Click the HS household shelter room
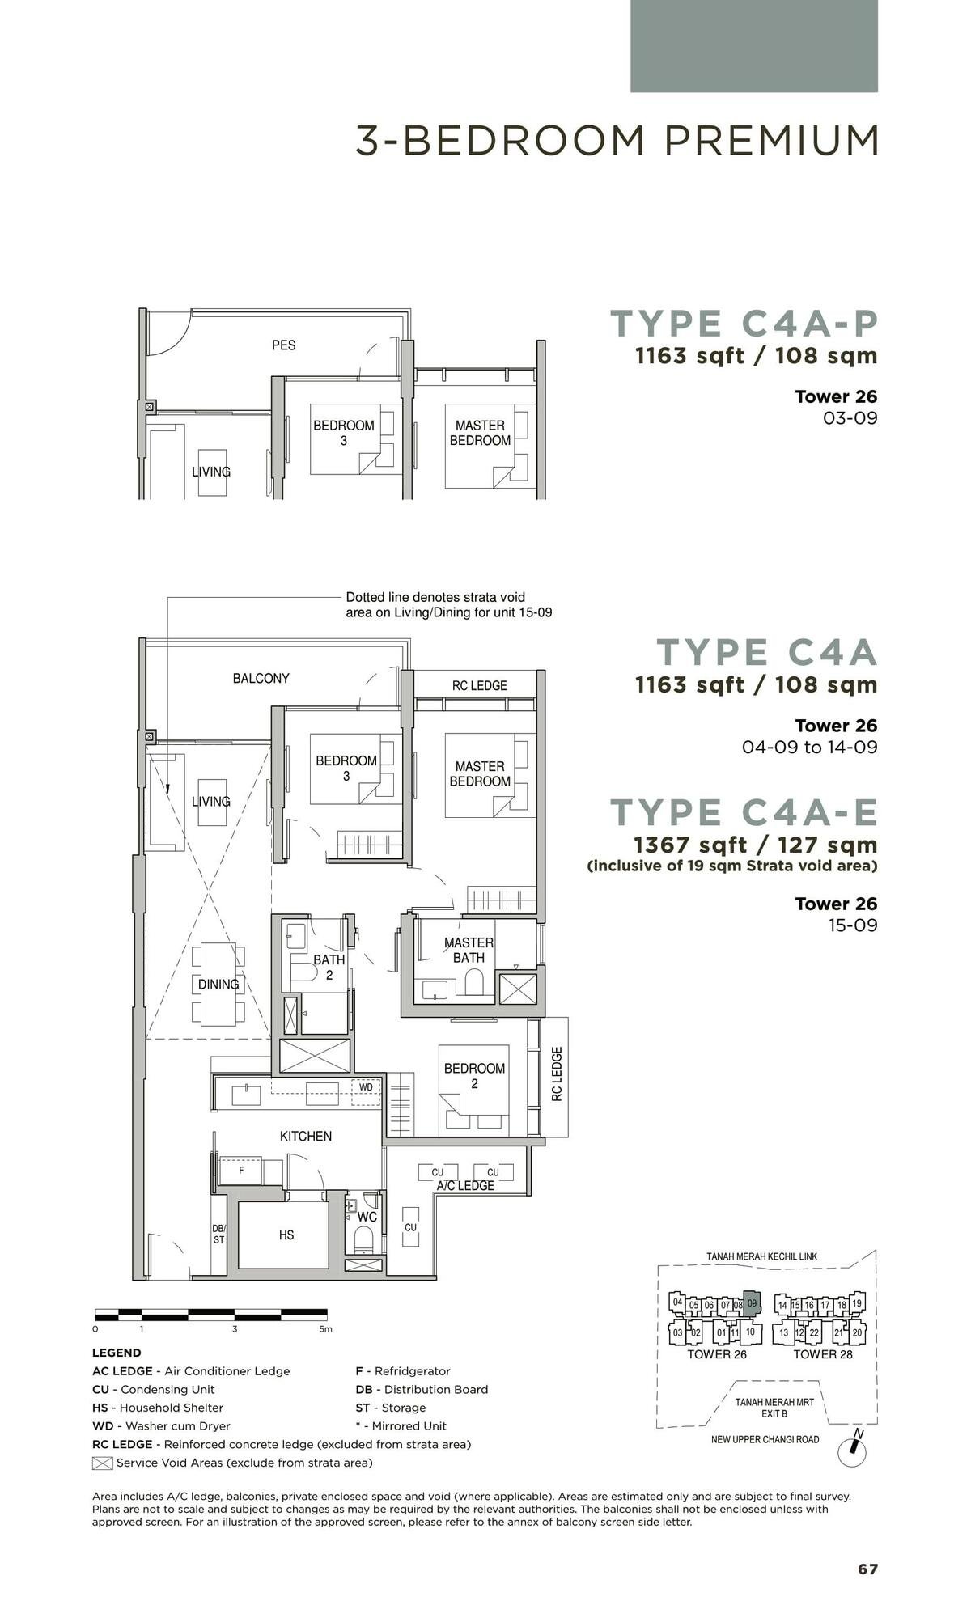coord(286,1235)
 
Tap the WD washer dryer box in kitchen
coord(366,1087)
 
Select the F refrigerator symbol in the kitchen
coord(240,1171)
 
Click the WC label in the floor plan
coord(367,1217)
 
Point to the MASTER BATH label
coord(469,950)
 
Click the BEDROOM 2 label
coord(474,1075)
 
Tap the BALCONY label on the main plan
coord(261,678)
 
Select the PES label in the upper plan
coord(283,345)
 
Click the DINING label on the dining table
coord(218,985)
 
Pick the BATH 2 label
coord(329,967)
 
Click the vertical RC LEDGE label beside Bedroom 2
coord(557,1074)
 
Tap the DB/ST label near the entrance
coord(218,1234)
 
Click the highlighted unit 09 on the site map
coord(752,1303)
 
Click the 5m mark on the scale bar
coord(325,1329)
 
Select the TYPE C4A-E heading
coord(744,812)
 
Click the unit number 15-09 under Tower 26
coord(852,925)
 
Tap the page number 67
coord(867,1569)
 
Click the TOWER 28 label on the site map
coord(822,1354)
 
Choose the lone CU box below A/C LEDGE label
coord(410,1227)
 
